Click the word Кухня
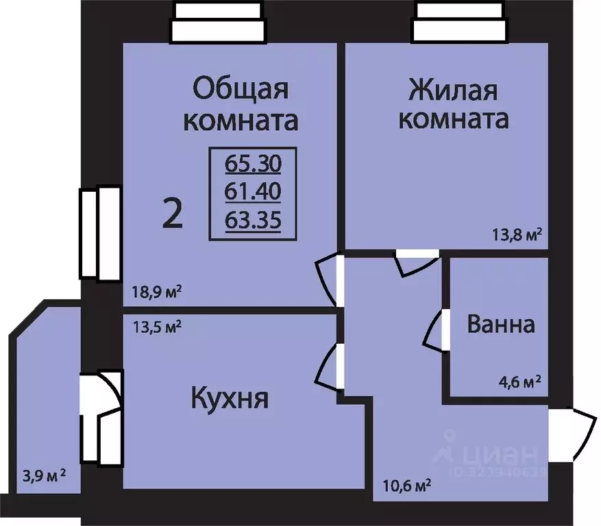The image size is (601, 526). tap(229, 398)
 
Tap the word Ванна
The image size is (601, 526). tap(500, 325)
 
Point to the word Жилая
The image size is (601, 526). tap(452, 90)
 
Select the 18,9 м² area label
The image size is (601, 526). tap(156, 292)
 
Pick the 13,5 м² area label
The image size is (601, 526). tap(156, 326)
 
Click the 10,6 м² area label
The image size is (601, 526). tap(406, 486)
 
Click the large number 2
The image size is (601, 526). tap(173, 214)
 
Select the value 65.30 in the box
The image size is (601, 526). tap(253, 164)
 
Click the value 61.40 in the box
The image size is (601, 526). tap(253, 193)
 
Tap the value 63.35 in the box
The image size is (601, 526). tap(253, 221)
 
